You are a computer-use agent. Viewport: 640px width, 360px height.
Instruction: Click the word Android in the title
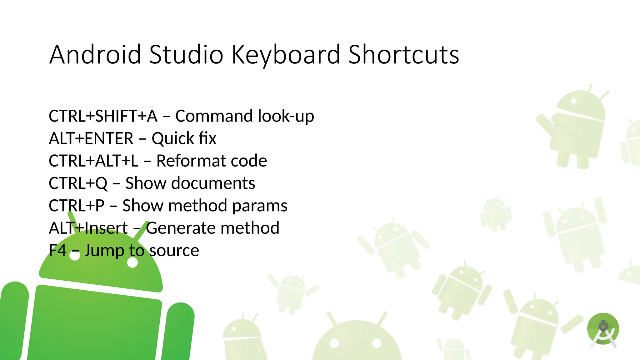[95, 55]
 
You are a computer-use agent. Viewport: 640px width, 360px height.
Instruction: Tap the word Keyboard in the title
[286, 55]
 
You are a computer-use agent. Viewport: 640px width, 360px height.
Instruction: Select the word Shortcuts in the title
[403, 55]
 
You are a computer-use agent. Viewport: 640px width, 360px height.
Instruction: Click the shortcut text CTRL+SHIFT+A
[103, 116]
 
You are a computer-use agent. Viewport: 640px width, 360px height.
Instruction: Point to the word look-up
[286, 116]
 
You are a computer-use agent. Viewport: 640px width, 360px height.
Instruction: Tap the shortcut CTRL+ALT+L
[93, 161]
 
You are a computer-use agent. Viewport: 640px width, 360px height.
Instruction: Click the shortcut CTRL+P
[77, 206]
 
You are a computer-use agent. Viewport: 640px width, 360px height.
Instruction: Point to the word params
[260, 206]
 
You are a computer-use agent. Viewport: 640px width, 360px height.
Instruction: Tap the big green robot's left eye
[75, 256]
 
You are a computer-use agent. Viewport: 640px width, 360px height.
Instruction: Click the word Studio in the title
[186, 55]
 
